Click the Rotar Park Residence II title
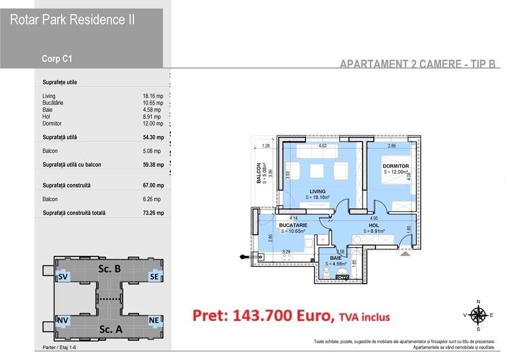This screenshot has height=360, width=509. [x=72, y=20]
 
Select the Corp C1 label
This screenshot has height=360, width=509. [x=57, y=58]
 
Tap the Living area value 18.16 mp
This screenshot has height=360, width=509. [x=153, y=96]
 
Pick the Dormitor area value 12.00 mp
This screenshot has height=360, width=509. [x=153, y=123]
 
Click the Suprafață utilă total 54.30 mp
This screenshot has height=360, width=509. [x=153, y=137]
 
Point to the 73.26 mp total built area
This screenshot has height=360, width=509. [x=153, y=213]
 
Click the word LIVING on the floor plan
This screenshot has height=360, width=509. [x=318, y=191]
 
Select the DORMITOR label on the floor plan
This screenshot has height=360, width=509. [x=395, y=166]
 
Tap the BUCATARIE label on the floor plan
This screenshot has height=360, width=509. [x=293, y=225]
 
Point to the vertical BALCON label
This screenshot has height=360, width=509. [x=258, y=173]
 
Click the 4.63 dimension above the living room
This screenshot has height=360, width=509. [x=322, y=147]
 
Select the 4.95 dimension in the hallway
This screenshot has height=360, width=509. [x=374, y=218]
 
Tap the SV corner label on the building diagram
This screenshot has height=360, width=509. [x=63, y=277]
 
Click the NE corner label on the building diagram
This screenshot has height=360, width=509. [x=153, y=320]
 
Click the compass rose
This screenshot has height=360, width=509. [x=478, y=315]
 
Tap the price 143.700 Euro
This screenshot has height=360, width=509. [x=262, y=316]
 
